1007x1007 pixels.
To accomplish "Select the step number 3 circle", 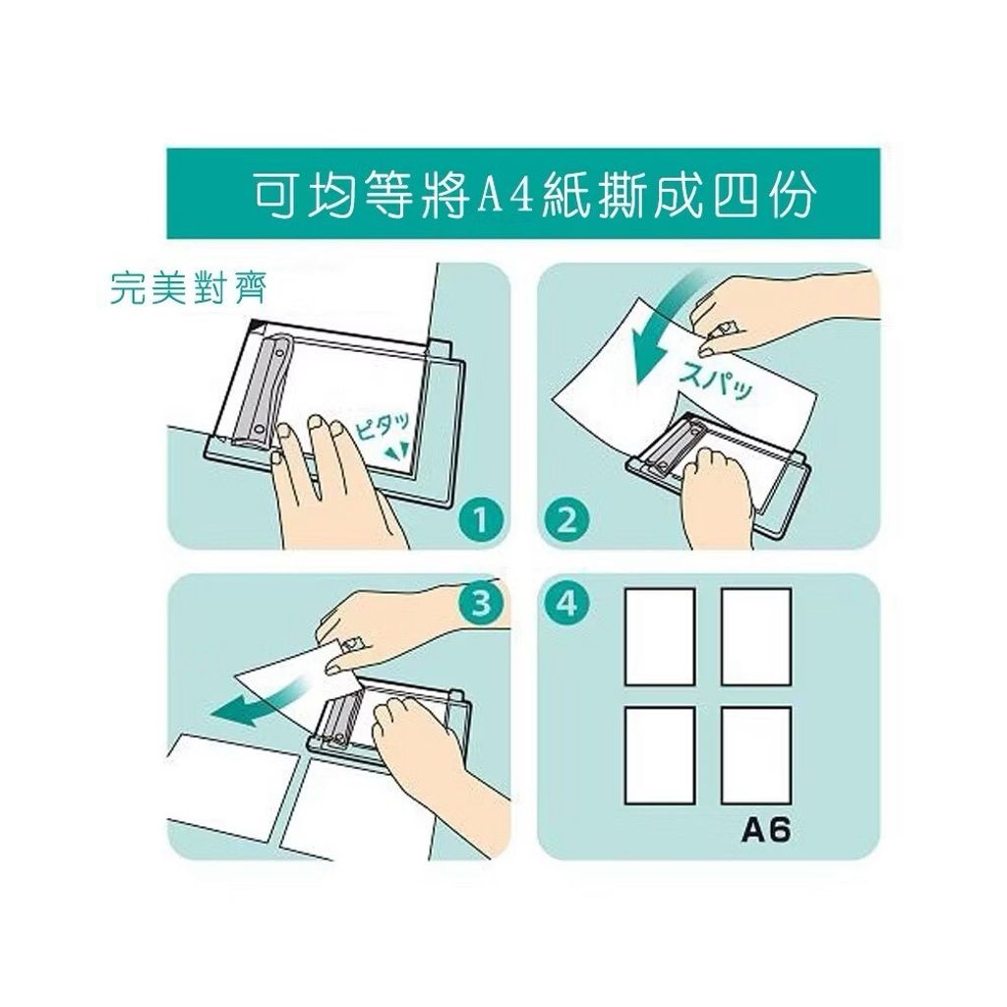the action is coord(481,603).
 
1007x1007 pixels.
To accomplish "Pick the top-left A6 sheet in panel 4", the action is coord(660,636).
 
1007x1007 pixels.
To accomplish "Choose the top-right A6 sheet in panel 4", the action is coord(756,636).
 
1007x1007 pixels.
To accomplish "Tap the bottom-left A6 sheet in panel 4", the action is coord(660,755).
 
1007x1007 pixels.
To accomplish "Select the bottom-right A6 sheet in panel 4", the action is coord(756,755).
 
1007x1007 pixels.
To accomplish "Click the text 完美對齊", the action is coord(188,288).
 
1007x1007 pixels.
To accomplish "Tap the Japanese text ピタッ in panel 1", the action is coord(384,425).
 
